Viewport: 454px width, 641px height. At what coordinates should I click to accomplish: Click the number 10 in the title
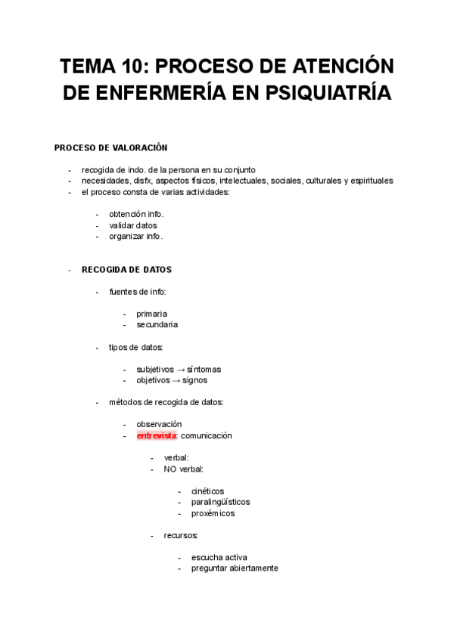click(x=134, y=68)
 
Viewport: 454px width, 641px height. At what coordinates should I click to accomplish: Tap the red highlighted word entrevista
click(x=156, y=436)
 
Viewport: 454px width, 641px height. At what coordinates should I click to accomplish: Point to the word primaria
click(x=152, y=314)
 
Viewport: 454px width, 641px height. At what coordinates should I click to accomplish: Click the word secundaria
click(x=157, y=325)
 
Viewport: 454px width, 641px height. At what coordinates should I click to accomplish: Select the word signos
click(x=194, y=380)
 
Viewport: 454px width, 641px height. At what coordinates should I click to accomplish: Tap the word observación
click(x=159, y=425)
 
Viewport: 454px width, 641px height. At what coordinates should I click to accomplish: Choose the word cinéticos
click(x=207, y=491)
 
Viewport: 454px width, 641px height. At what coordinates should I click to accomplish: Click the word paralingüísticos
click(x=220, y=502)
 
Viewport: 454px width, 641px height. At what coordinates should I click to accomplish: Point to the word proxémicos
click(x=213, y=513)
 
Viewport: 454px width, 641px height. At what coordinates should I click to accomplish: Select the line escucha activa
click(x=219, y=557)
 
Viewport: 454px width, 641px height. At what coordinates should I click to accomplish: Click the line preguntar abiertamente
click(x=235, y=568)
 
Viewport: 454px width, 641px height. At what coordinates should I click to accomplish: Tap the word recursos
click(x=181, y=536)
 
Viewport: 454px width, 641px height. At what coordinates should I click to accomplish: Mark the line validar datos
click(x=132, y=225)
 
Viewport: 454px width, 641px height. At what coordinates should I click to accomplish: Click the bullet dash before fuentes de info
click(x=97, y=292)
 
